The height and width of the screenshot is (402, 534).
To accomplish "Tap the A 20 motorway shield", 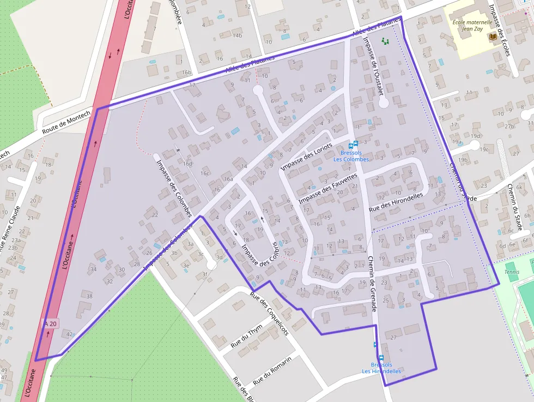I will pos(50,324).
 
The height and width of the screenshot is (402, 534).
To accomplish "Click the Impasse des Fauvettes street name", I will pos(327,189).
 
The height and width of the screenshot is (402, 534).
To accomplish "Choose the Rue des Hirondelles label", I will pos(396,202).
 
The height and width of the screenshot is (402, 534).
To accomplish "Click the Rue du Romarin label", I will pos(272,370).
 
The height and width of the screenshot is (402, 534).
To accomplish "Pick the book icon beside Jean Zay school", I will pos(493,37).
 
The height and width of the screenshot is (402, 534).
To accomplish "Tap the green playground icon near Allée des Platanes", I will pos(386,41).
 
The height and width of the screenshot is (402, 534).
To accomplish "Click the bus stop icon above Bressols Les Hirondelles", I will pos(375,344).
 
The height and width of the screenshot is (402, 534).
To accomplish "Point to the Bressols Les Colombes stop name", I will pos(351,156).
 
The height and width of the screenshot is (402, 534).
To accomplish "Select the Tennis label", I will pos(512,272).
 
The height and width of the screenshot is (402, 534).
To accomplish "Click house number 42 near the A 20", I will pos(69,334).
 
